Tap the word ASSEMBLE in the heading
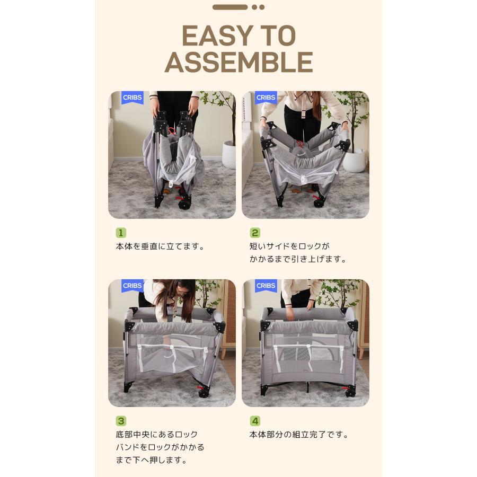click(x=239, y=63)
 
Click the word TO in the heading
click(x=278, y=36)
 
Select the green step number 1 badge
click(x=121, y=233)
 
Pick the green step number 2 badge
click(x=254, y=233)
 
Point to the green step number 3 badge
click(x=121, y=421)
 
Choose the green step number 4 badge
click(x=254, y=421)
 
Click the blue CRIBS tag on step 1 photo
click(x=132, y=98)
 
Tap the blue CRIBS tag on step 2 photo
click(x=266, y=98)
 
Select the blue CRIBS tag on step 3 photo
click(x=132, y=286)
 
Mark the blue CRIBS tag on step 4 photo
click(x=266, y=286)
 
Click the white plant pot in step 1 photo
click(x=229, y=154)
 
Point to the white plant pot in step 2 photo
click(x=355, y=160)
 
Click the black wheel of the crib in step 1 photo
click(x=184, y=204)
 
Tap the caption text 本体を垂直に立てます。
click(x=160, y=246)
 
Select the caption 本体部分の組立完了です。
click(x=299, y=435)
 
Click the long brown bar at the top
click(x=230, y=7)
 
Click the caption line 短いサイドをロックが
click(x=289, y=246)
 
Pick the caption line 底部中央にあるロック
click(x=157, y=435)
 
